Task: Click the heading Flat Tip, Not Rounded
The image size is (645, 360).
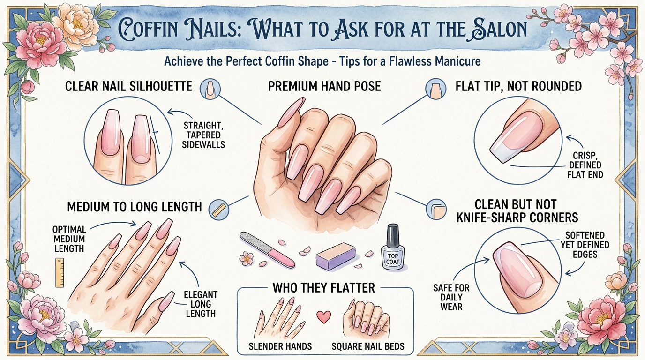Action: [518, 86]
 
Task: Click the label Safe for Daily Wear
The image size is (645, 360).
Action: [451, 297]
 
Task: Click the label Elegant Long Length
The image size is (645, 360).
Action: [201, 304]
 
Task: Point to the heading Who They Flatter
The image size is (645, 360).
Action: [323, 287]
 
